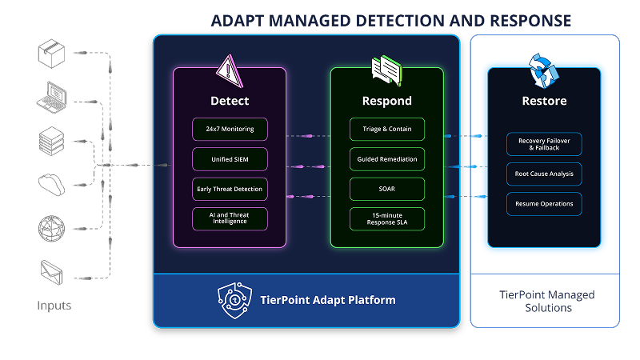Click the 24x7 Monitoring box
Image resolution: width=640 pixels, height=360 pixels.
click(x=230, y=129)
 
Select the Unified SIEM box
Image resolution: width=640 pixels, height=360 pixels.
click(x=230, y=159)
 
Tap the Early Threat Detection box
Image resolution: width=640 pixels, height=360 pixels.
click(x=230, y=190)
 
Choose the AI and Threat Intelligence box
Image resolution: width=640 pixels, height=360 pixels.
click(x=230, y=219)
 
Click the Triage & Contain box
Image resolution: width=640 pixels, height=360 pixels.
click(x=387, y=129)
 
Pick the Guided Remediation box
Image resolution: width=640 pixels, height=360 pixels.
click(x=387, y=159)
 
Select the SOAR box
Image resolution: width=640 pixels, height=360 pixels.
click(x=387, y=190)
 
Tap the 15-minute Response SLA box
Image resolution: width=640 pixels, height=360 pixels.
click(x=387, y=219)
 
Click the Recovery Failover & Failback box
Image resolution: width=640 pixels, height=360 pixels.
click(x=544, y=144)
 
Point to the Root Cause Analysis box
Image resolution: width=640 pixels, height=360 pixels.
click(x=544, y=174)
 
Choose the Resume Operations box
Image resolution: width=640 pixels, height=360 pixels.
click(x=544, y=203)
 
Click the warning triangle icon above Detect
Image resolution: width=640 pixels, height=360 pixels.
click(x=229, y=73)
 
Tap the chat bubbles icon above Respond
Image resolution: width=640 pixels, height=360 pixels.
click(x=386, y=70)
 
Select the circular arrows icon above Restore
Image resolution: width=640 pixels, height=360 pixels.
click(x=544, y=71)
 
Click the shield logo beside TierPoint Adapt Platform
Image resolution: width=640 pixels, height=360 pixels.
click(x=234, y=300)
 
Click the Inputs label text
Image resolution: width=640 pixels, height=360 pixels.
click(x=54, y=306)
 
